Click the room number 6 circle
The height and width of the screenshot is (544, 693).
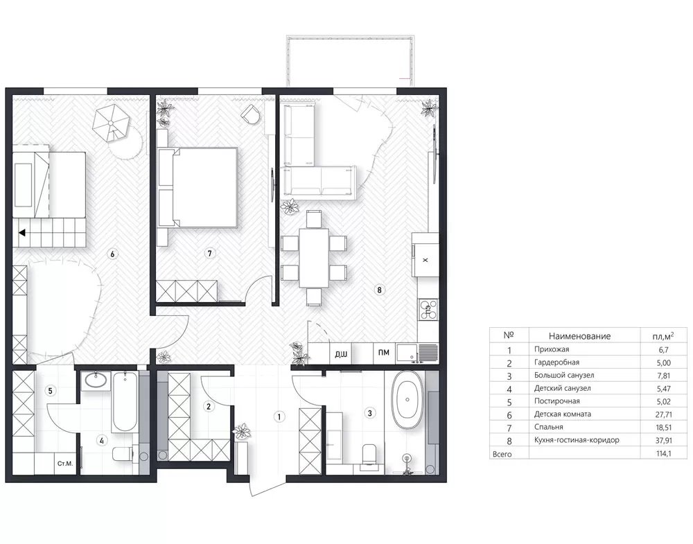tap(113, 254)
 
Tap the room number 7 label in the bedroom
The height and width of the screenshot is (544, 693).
tap(209, 253)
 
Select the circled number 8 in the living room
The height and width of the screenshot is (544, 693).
tap(379, 290)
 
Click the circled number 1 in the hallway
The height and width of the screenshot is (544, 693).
tap(279, 416)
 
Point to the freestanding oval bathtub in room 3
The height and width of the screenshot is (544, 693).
tap(407, 399)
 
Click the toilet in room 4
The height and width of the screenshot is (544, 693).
tap(124, 454)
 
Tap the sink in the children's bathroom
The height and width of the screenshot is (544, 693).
tap(96, 380)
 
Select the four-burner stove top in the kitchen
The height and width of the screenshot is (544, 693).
tap(428, 309)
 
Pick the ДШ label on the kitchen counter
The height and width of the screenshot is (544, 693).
tap(341, 354)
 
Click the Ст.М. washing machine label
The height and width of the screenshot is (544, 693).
tap(65, 464)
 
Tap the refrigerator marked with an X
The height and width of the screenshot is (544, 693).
tap(426, 254)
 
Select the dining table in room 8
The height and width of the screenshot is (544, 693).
tap(314, 258)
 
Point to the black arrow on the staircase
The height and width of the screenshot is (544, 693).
tap(21, 232)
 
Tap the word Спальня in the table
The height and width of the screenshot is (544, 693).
tap(548, 427)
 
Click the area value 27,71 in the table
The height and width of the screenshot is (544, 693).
tap(664, 414)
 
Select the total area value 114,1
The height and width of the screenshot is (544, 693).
tap(664, 453)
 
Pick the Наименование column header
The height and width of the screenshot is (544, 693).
tap(579, 336)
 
